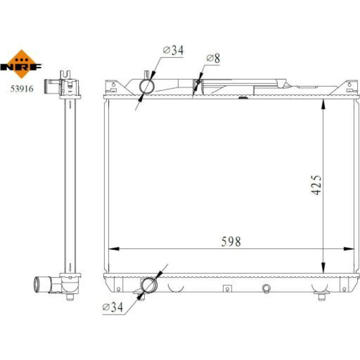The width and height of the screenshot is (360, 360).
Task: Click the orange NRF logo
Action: click(22, 64)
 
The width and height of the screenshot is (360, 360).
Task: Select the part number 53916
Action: click(22, 89)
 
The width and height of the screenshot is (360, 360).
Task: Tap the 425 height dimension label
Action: click(316, 185)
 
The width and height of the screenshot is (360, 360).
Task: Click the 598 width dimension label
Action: click(231, 242)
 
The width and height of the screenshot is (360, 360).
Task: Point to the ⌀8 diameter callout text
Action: click(213, 58)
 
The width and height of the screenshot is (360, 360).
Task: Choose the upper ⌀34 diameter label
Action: click(173, 50)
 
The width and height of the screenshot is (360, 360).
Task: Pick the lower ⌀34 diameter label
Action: click(113, 307)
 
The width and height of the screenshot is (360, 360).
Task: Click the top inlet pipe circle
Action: click(147, 86)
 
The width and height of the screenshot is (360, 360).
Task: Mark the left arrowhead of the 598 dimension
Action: click(114, 249)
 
